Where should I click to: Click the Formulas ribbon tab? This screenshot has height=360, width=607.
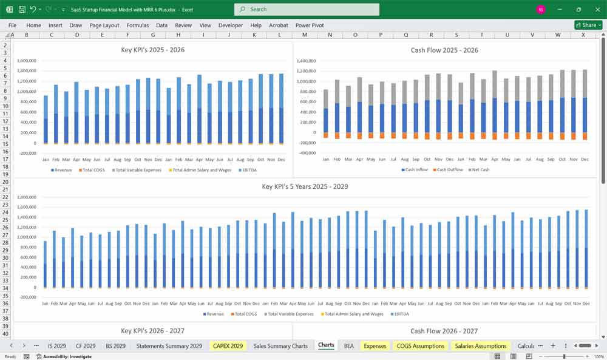pos(137,25)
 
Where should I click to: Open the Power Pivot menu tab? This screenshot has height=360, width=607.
pos(310,25)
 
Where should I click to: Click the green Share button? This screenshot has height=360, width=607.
pos(588,25)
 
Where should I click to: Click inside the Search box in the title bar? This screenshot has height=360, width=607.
pos(307,9)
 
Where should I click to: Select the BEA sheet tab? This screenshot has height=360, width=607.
pos(348,345)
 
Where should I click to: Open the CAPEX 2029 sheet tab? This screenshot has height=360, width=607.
pos(228,345)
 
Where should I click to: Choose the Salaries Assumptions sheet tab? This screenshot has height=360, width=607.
pos(481,345)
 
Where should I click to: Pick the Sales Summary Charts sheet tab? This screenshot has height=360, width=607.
pos(280,345)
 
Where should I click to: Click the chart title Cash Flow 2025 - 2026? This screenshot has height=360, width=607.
pos(444,50)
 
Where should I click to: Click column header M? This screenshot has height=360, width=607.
pos(304,35)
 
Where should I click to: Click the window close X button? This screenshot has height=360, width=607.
pos(597,9)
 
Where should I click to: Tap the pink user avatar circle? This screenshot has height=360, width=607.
pos(541,9)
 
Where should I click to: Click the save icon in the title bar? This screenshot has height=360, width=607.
pos(22,9)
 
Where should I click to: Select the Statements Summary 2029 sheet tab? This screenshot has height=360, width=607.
pos(169,345)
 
